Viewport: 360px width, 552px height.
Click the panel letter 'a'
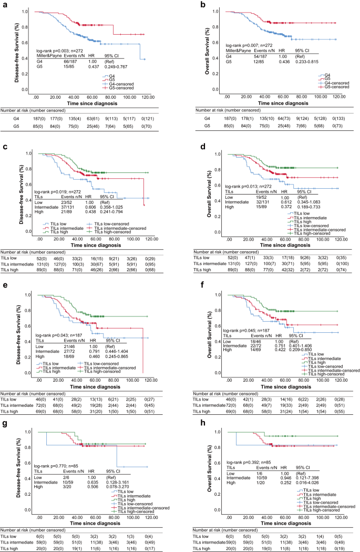pos(4,4)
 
